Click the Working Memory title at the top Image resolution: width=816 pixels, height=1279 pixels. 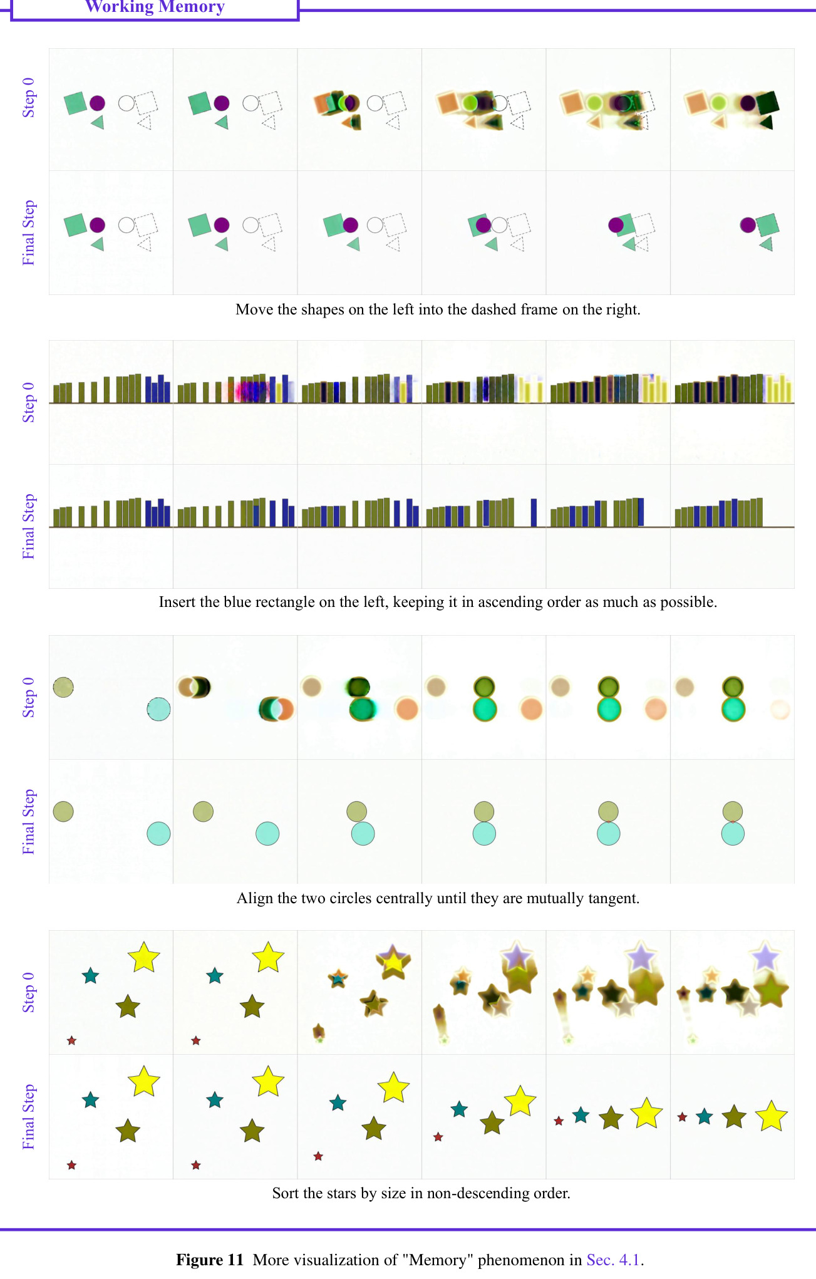155,7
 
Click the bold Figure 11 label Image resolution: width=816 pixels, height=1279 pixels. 210,1260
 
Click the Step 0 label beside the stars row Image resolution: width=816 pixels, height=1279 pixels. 29,993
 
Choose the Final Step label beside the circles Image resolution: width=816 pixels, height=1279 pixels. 29,822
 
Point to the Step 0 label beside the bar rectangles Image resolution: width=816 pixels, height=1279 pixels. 29,402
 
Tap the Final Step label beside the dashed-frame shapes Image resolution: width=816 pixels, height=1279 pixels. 29,232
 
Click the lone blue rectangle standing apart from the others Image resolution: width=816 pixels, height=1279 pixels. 534,512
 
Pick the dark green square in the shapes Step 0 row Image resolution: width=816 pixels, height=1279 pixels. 767,102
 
